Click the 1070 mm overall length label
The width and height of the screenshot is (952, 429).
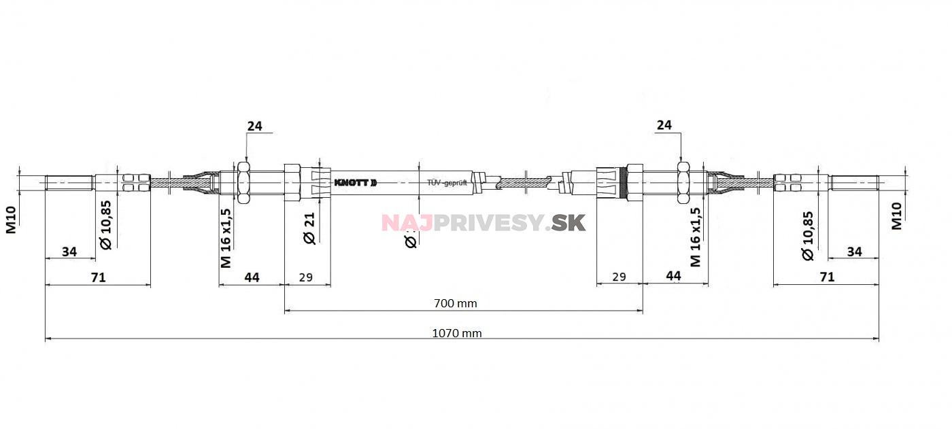[x=456, y=333]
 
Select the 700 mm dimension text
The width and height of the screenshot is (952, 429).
[x=456, y=303]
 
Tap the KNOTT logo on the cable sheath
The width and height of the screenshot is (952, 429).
[x=354, y=183]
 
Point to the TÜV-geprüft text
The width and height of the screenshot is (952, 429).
[x=447, y=184]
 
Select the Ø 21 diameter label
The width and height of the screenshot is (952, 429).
[x=308, y=228]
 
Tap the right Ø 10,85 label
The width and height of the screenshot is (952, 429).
[x=807, y=235]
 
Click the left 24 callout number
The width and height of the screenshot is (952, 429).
[x=254, y=126]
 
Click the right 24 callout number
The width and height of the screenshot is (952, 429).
[x=664, y=125]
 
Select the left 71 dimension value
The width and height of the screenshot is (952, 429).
[x=98, y=277]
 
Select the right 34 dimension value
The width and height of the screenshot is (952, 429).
[x=854, y=252]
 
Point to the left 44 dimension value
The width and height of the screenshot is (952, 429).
[x=252, y=277]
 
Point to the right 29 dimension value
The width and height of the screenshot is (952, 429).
[x=619, y=277]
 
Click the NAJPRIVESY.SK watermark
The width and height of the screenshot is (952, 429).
[x=483, y=222]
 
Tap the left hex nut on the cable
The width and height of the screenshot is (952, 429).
[x=243, y=182]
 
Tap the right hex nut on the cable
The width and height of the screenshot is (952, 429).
[x=684, y=182]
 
